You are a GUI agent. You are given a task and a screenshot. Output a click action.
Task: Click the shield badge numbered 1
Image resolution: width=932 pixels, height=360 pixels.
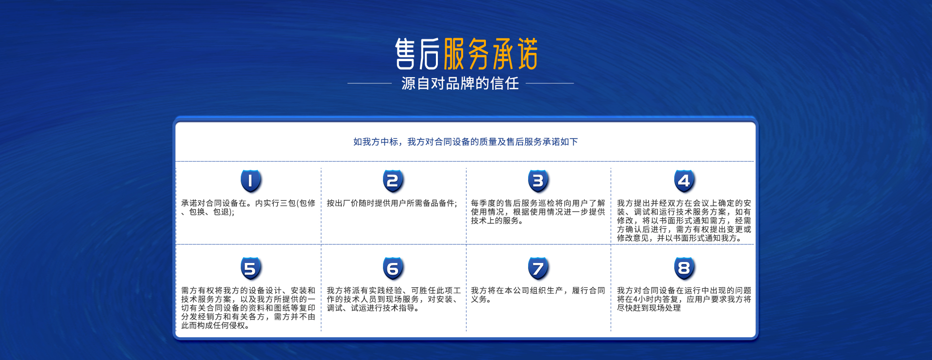[x=251, y=181]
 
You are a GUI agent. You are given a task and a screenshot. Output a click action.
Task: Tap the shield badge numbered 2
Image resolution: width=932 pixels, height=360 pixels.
[x=393, y=181]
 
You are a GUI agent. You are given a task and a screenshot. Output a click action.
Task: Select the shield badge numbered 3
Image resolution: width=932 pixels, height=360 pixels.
[x=538, y=181]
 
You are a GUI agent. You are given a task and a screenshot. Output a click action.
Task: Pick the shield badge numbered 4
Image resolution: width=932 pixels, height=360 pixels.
[x=684, y=181]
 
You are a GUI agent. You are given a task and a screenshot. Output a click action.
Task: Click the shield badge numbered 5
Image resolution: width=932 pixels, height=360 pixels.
[x=251, y=268]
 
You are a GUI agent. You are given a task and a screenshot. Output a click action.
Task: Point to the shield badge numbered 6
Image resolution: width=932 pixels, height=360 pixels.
[x=393, y=268]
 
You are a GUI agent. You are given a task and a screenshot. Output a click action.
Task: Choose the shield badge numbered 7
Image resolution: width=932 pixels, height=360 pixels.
[x=538, y=268]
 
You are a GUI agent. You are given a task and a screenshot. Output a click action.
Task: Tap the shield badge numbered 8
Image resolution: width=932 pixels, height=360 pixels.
[x=684, y=268]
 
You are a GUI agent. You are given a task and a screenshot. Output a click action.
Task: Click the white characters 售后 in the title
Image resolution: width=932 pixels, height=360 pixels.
[x=417, y=54]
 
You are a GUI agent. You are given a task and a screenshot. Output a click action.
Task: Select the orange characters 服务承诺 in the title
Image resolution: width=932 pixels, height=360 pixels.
[x=491, y=54]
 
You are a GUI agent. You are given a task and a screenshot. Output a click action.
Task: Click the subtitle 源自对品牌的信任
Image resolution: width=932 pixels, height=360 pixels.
[x=460, y=83]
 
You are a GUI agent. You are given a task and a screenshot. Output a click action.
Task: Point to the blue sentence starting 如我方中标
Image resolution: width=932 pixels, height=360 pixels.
[x=466, y=142]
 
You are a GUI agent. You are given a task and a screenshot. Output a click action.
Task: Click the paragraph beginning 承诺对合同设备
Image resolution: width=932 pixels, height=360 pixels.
[x=248, y=208]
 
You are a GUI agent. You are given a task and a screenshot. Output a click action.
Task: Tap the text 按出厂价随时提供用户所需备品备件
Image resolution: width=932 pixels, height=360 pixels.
[x=392, y=203]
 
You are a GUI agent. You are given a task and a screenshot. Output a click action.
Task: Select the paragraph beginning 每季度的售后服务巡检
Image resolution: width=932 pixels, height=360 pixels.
[x=538, y=212]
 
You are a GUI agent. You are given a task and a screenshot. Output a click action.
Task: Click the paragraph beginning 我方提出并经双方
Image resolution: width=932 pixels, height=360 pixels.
[x=684, y=221]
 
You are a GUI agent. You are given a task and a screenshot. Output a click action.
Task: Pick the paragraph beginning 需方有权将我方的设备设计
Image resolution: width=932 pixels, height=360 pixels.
[x=248, y=308]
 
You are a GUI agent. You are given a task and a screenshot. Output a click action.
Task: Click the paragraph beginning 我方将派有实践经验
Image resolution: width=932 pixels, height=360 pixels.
[x=394, y=299]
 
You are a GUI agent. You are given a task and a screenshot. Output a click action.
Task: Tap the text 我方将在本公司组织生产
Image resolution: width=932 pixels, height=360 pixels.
[x=538, y=295]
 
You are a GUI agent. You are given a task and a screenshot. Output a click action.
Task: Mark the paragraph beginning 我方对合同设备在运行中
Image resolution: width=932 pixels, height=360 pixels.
[x=684, y=299]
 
